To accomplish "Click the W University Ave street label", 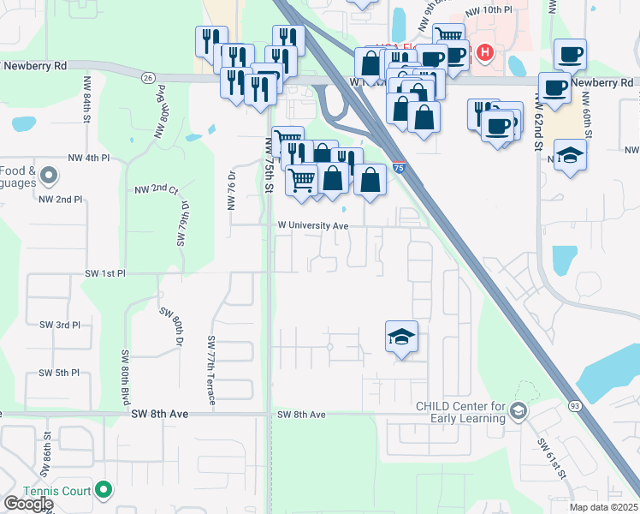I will (x=312, y=225).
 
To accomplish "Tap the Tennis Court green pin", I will (x=104, y=490).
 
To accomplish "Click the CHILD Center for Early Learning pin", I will (x=518, y=412).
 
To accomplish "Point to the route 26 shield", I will (x=148, y=77).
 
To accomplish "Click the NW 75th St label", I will (x=268, y=164).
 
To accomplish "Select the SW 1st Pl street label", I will (x=105, y=273).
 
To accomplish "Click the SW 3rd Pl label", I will (x=60, y=326).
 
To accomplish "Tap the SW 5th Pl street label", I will (x=59, y=374).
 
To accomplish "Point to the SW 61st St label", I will (x=553, y=458).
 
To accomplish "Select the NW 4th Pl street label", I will (x=89, y=158).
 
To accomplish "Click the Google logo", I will (x=28, y=504).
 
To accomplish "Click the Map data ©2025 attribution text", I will (x=604, y=507).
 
